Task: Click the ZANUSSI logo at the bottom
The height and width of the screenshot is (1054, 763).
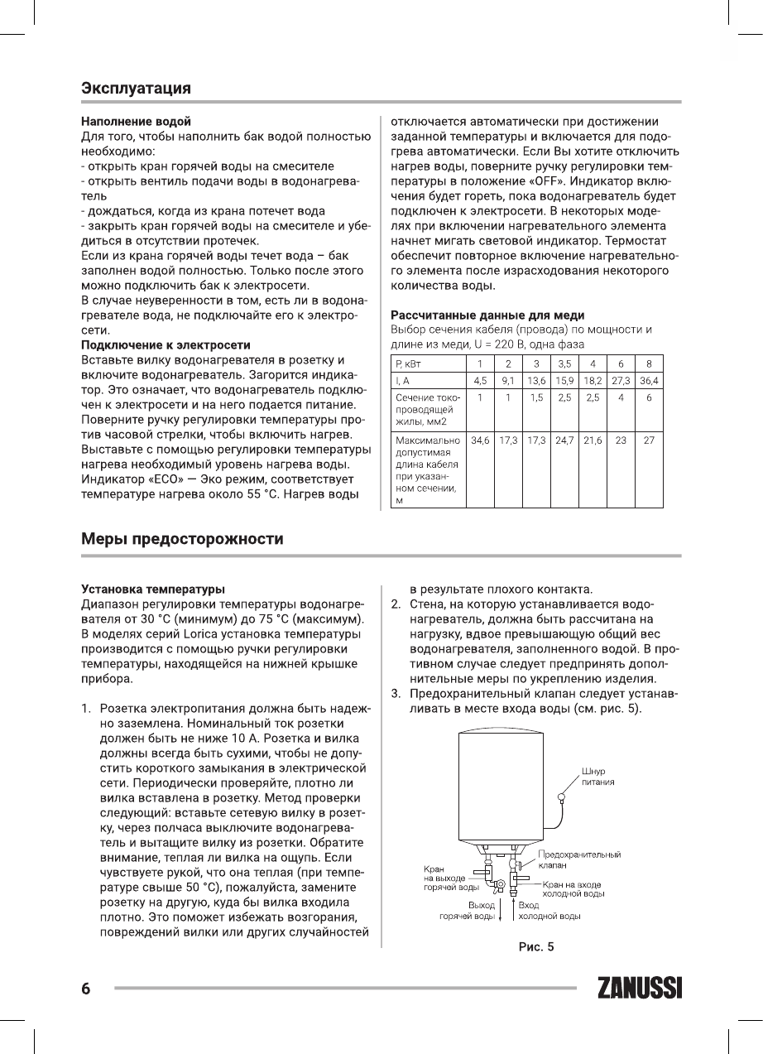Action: [638, 989]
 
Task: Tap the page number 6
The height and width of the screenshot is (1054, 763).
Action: [85, 989]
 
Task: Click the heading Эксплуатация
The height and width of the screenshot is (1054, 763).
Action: [137, 88]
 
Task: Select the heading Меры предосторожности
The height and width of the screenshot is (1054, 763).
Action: [182, 540]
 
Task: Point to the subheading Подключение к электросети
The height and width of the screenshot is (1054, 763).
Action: [166, 344]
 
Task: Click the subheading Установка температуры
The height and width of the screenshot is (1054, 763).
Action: [152, 590]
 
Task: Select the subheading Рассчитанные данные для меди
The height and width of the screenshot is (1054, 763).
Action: [487, 315]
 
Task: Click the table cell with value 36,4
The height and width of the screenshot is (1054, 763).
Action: [649, 381]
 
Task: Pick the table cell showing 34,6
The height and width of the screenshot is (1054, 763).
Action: [480, 440]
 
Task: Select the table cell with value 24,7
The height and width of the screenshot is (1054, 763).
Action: [564, 440]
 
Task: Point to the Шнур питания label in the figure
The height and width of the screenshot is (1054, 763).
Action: [597, 776]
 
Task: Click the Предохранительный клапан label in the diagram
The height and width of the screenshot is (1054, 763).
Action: [579, 859]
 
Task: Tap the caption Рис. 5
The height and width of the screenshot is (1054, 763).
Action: [530, 946]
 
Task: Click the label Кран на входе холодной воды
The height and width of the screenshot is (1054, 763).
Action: [572, 889]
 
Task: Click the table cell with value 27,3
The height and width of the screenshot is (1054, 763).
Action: [621, 381]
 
